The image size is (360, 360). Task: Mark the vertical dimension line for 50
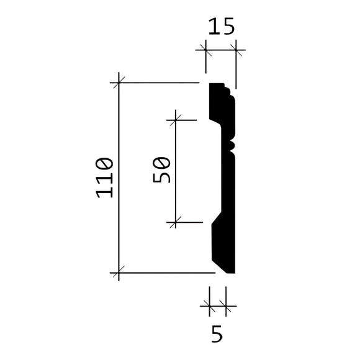click(x=176, y=171)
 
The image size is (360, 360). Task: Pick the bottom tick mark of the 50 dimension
click(x=176, y=222)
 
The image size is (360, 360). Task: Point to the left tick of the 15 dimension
click(x=207, y=49)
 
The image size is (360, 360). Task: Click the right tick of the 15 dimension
click(x=236, y=49)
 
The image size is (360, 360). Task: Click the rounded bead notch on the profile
click(x=234, y=145)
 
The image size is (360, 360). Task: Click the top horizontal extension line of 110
click(x=158, y=83)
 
